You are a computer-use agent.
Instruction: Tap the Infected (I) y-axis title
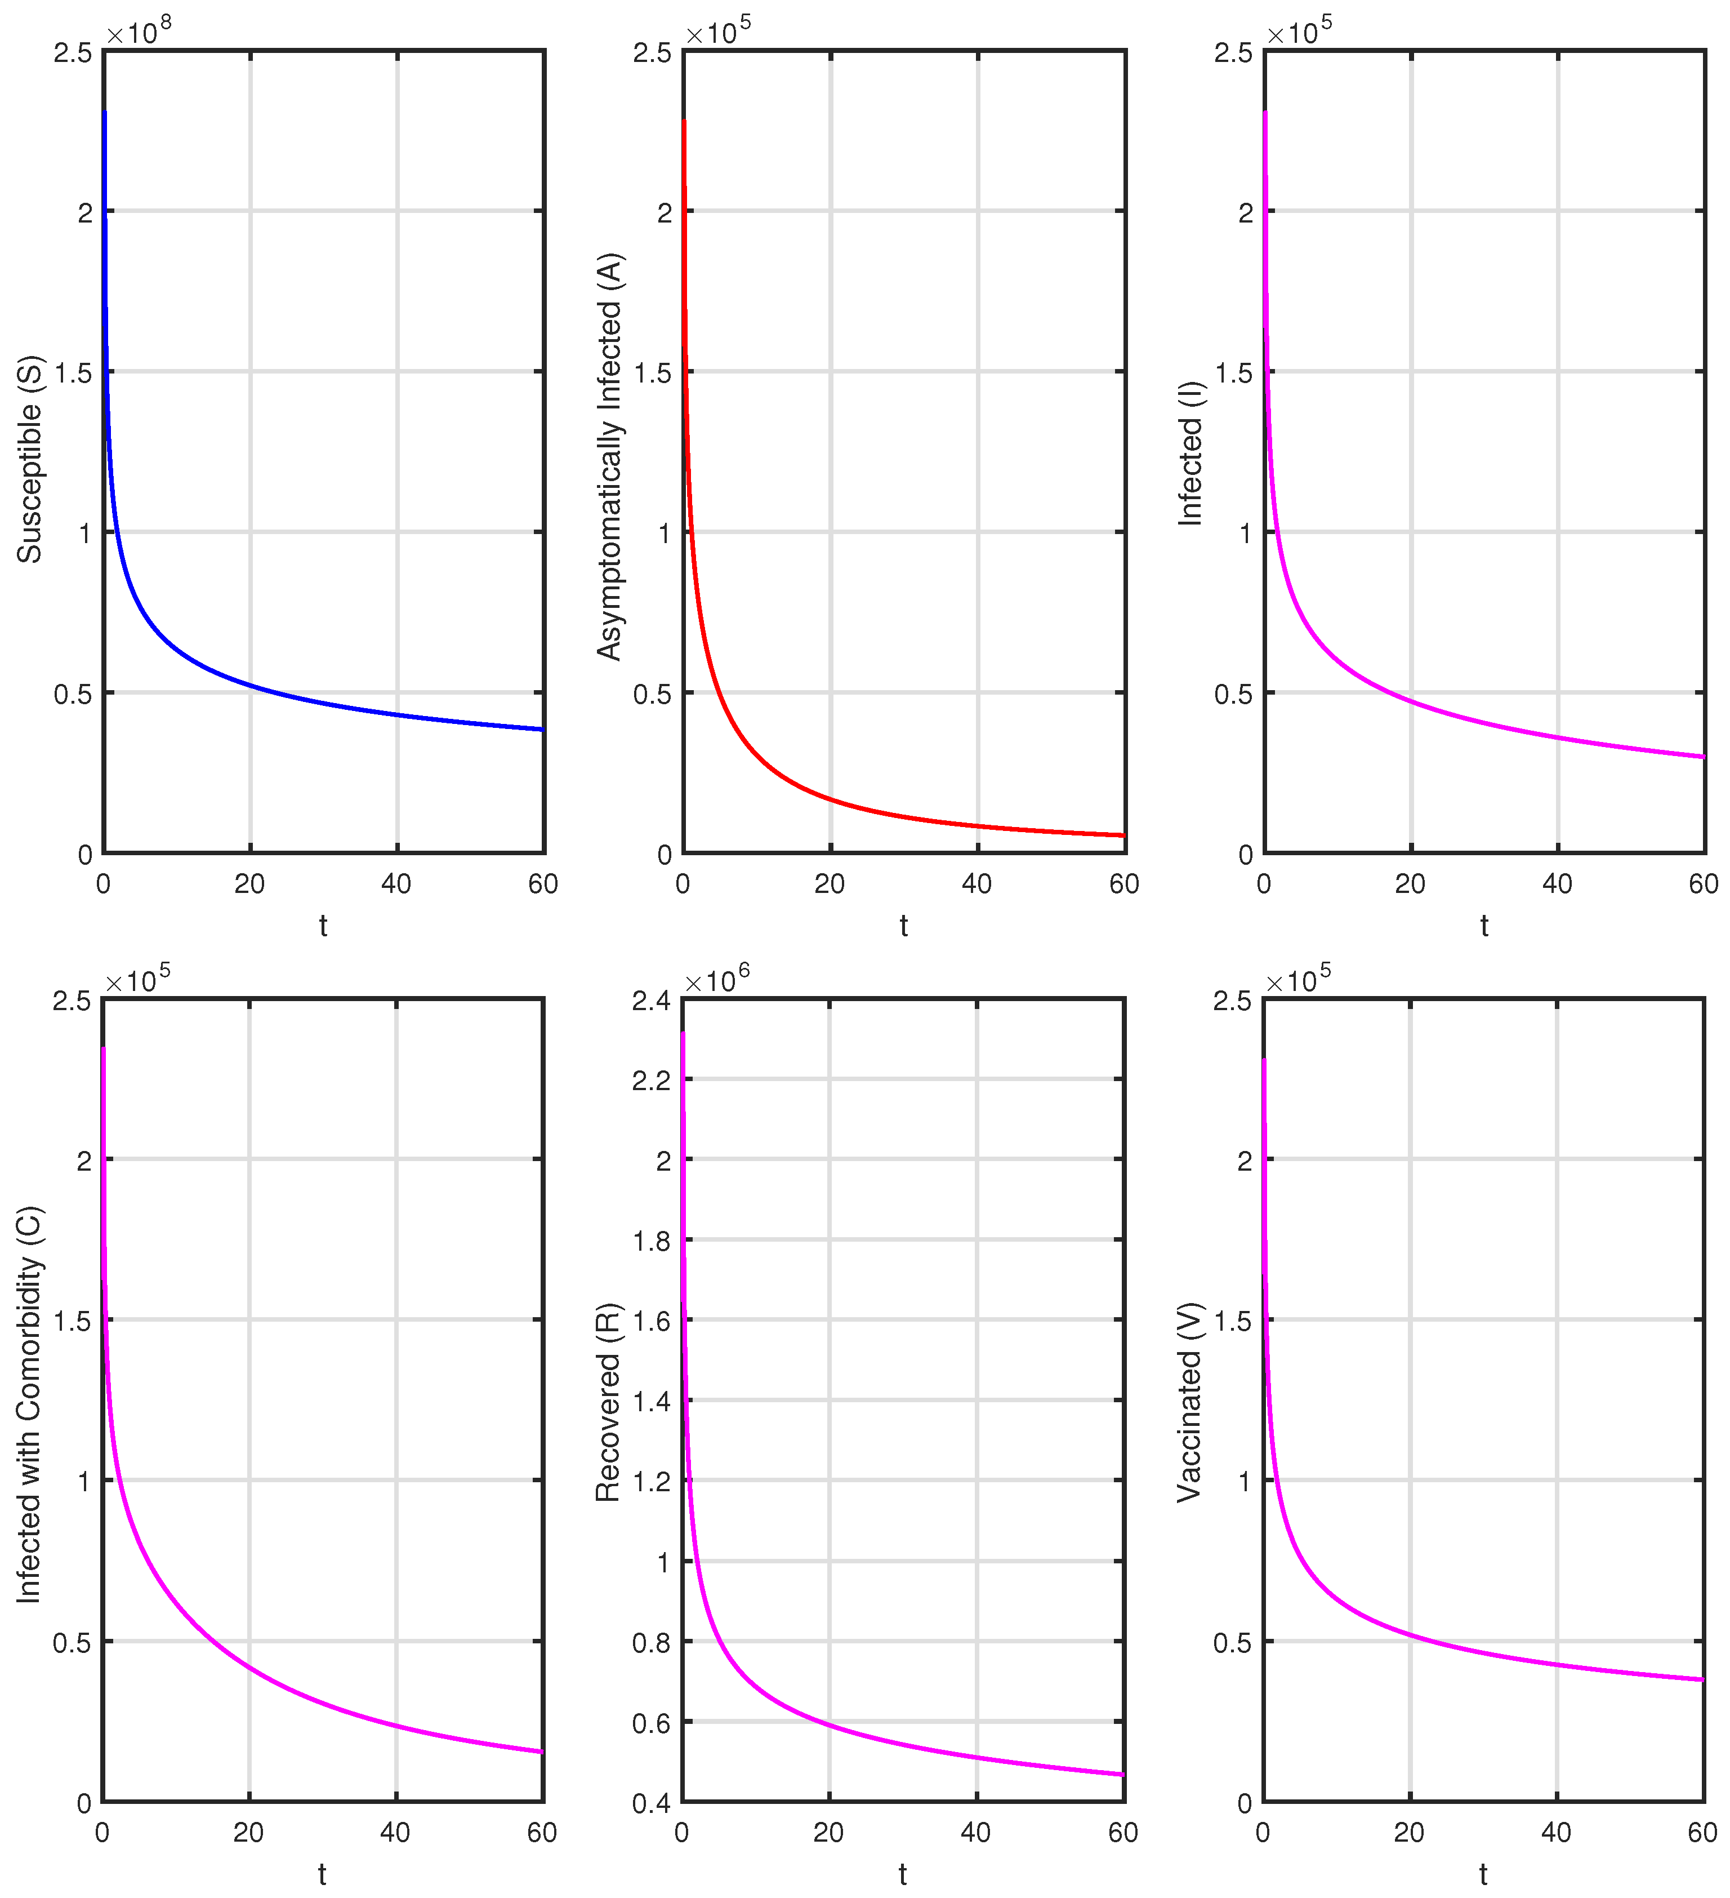[x=1191, y=453]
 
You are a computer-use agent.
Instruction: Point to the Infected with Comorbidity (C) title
[x=30, y=1404]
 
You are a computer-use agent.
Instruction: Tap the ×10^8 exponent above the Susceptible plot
[x=139, y=32]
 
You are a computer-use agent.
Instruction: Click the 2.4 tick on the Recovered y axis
[x=652, y=1001]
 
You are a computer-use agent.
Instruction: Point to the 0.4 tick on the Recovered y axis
[x=652, y=1803]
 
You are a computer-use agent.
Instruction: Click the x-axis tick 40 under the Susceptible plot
[x=396, y=884]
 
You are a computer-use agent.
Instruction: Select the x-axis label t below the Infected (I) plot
[x=1484, y=926]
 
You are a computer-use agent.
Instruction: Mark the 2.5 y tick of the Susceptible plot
[x=73, y=53]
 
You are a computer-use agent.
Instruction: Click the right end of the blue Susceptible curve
[x=542, y=730]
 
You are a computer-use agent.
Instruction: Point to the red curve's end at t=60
[x=1123, y=835]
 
